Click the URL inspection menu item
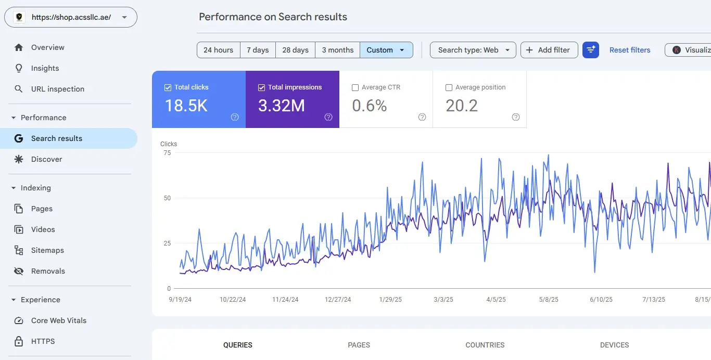point(57,89)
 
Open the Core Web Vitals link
point(58,320)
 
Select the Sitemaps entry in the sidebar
point(47,250)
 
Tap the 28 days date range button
point(295,50)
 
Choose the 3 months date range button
point(337,50)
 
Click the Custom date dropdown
point(386,50)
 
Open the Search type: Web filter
point(473,50)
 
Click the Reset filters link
point(630,50)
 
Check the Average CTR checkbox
point(355,87)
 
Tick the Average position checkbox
point(449,87)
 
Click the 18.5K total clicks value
point(186,106)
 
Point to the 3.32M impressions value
point(282,106)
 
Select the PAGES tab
point(359,345)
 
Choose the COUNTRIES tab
point(485,345)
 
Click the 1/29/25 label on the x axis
point(390,300)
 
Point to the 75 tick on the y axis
point(167,153)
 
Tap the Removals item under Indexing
point(48,271)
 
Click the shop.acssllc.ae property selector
point(71,17)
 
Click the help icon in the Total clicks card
point(235,117)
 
